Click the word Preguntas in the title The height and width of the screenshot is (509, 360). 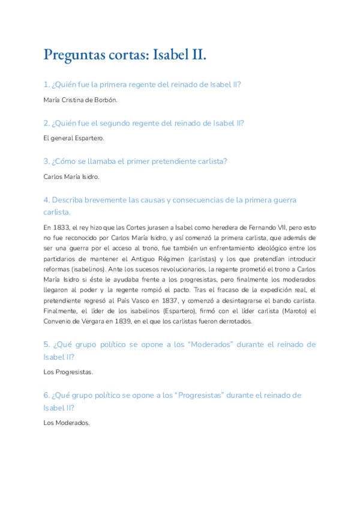coord(76,55)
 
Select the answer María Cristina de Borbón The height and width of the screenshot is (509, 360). coord(80,100)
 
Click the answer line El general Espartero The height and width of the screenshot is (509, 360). coord(74,138)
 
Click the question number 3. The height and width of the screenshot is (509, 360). coord(46,161)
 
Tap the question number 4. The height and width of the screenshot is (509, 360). coord(46,200)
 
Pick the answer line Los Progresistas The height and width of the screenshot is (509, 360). coord(68,372)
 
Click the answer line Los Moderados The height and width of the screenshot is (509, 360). coord(67,423)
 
